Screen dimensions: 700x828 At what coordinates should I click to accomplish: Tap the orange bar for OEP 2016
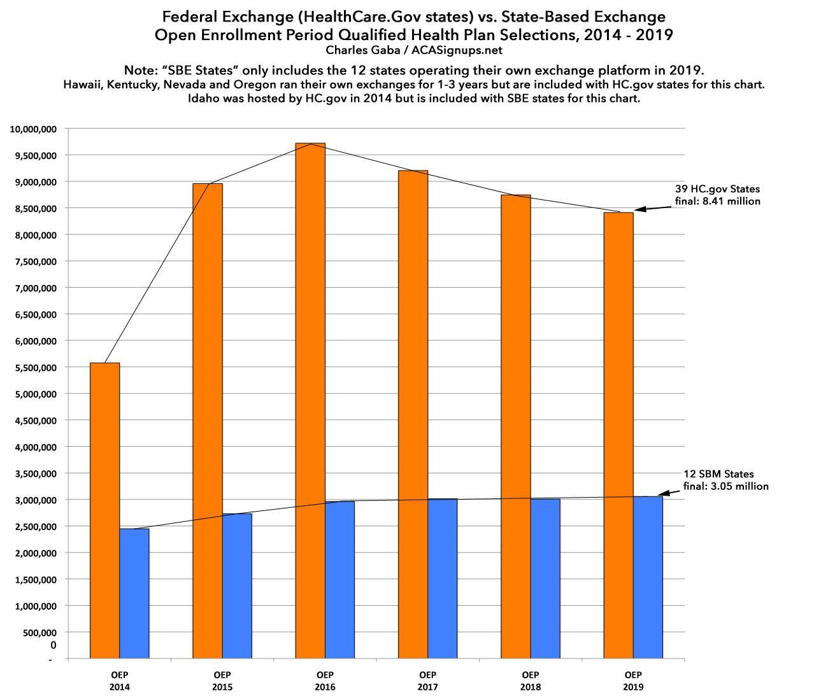310,401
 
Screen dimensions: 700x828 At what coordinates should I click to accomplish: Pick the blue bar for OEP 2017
443,578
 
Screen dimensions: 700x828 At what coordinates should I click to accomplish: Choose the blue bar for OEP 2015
237,585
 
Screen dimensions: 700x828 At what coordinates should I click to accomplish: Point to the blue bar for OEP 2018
545,578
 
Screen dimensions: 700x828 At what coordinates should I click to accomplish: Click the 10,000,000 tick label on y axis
33,129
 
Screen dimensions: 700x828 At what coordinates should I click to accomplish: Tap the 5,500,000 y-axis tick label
33,368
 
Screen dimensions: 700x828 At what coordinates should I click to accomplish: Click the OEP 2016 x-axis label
325,680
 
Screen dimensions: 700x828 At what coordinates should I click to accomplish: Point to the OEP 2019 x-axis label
633,680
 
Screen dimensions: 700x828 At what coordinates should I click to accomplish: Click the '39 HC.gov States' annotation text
717,189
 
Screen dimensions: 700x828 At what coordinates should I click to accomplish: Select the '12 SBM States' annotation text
718,474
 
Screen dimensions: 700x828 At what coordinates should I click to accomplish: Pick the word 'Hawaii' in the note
81,84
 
